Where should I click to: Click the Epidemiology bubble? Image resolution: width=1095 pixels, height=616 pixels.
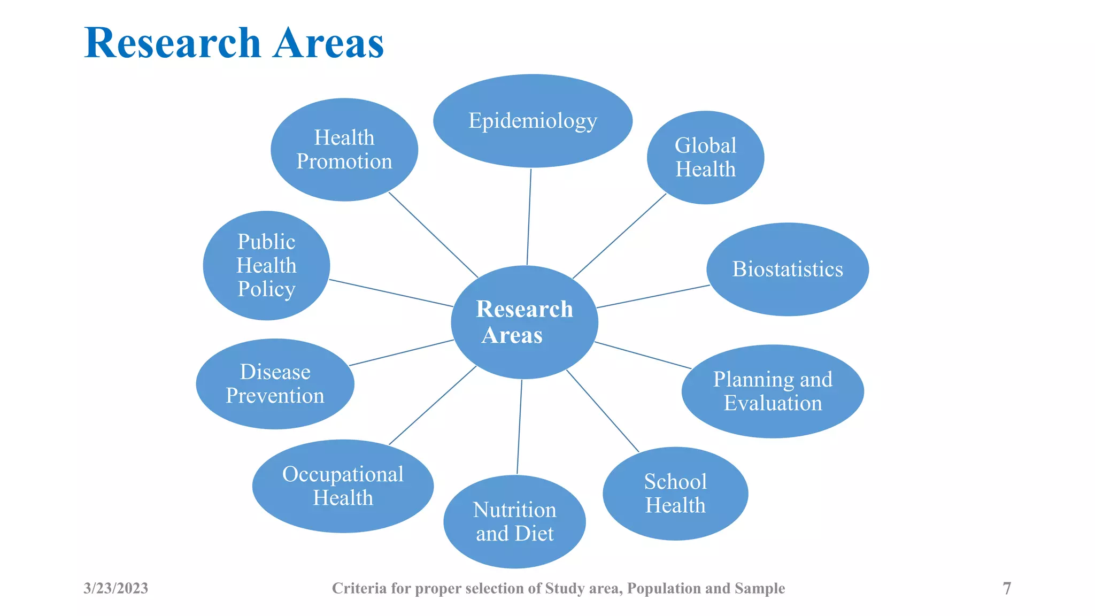point(533,121)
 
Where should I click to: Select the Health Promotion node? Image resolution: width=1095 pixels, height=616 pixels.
point(344,150)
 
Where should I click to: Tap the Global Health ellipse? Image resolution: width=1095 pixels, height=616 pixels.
point(705,157)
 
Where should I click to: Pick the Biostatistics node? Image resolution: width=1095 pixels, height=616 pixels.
point(787,269)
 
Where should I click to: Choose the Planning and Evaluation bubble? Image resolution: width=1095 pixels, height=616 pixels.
point(773,391)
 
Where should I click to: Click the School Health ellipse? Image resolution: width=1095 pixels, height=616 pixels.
point(675,493)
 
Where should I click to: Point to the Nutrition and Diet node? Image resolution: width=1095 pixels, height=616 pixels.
point(514,521)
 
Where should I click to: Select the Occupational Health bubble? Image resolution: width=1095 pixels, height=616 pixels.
point(343,486)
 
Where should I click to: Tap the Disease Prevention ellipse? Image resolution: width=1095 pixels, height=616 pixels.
point(275,383)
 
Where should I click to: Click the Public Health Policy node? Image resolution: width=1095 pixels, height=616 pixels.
point(266,265)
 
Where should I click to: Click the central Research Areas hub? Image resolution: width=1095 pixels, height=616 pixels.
point(525,322)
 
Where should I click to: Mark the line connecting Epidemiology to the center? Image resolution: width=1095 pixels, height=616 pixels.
point(529,217)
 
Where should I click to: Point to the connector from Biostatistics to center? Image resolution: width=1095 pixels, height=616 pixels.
point(653,296)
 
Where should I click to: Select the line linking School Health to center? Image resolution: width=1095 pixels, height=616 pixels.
point(603,411)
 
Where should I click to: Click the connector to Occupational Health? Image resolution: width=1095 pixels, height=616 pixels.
point(433,405)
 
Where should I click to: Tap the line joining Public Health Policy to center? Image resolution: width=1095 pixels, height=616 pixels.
point(391,293)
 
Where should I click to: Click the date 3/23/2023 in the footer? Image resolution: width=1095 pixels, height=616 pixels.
point(116,588)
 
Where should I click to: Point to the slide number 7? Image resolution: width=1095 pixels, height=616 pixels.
point(1007,588)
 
